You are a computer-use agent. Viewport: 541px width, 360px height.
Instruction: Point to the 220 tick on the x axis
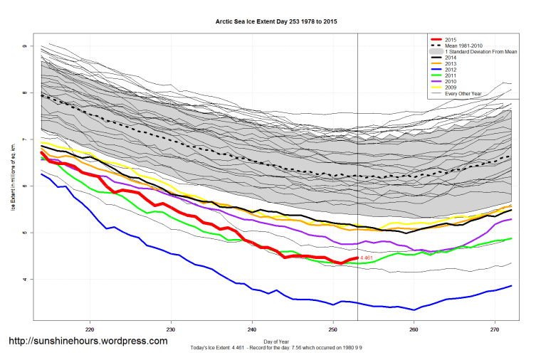tap(90, 330)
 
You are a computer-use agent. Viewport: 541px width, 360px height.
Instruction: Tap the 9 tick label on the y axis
tap(24, 46)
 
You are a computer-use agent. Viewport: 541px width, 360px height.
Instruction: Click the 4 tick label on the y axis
tap(24, 280)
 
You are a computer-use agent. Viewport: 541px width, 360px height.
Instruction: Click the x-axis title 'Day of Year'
tap(277, 341)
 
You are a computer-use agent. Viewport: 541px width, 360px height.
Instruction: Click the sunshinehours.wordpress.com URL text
tap(88, 341)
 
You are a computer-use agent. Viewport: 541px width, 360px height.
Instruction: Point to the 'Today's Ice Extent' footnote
tap(277, 347)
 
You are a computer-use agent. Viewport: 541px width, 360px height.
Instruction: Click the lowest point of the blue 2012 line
tap(414, 309)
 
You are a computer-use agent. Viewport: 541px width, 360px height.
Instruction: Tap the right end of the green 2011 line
tap(512, 238)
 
